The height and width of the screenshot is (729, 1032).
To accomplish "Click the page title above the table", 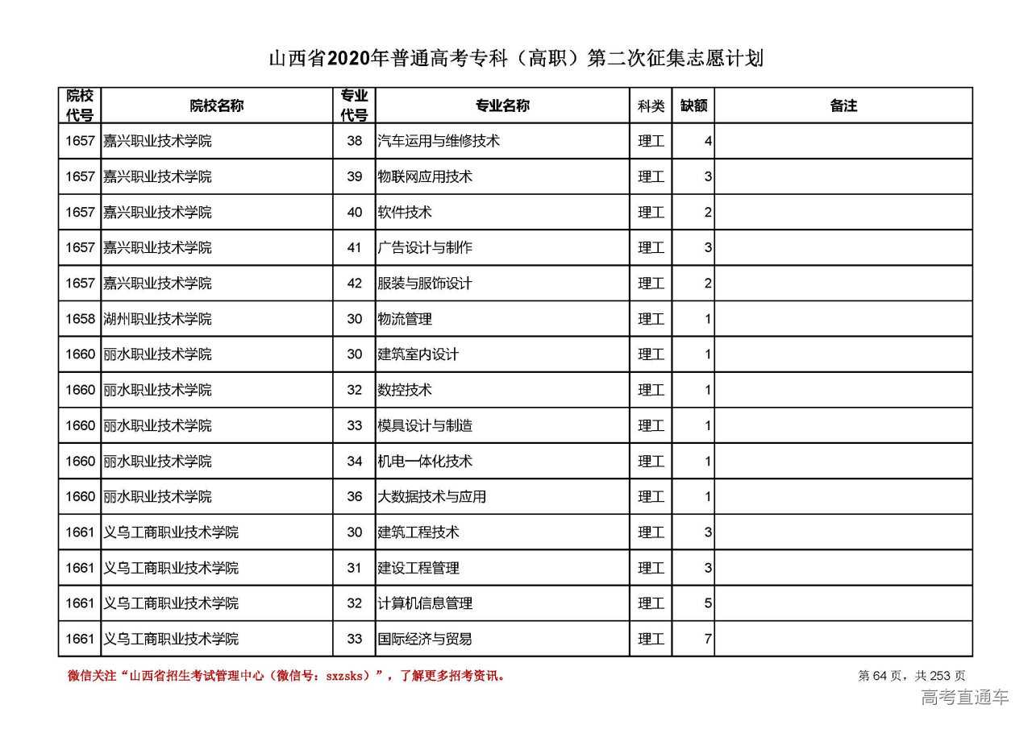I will (515, 59).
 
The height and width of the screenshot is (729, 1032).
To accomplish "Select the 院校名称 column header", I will (217, 106).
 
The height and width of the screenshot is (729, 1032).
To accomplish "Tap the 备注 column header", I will (843, 106).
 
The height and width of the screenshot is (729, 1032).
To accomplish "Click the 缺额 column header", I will (693, 106).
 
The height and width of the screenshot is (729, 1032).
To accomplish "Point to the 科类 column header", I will (651, 106).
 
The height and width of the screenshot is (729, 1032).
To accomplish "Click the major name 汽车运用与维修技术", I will (439, 141).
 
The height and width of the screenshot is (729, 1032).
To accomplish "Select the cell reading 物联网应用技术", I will (425, 176).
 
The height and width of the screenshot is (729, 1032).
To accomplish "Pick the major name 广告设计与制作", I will (425, 247).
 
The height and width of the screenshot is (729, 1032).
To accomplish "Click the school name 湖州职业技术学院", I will (157, 319).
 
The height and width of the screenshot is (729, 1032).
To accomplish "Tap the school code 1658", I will (80, 319).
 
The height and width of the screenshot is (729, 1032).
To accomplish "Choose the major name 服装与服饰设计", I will (425, 284).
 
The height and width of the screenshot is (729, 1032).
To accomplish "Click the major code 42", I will (355, 284).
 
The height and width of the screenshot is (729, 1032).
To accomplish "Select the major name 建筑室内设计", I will (418, 354).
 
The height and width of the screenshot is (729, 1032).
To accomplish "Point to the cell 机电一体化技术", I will (425, 462).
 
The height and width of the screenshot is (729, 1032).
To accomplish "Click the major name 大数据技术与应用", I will (432, 497).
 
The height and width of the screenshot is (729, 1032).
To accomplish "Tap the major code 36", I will (355, 497).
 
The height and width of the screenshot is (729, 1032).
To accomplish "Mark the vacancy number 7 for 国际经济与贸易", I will (707, 640).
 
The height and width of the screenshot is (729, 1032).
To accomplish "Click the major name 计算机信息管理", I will (425, 603).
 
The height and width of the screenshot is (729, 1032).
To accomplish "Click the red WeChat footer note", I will (287, 676).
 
